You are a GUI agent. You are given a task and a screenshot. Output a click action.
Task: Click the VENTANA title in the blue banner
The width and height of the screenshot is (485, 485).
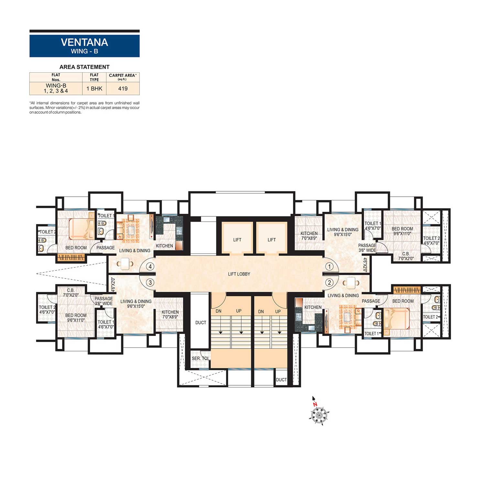click(84, 42)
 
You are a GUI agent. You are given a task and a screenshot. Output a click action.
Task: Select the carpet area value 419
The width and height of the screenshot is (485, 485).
click(123, 89)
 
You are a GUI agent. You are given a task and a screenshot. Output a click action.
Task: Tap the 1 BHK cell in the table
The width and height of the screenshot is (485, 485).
click(94, 89)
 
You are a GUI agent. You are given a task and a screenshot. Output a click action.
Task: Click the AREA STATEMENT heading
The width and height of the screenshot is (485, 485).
click(84, 67)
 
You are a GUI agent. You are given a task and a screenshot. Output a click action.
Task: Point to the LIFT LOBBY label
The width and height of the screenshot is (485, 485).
click(239, 274)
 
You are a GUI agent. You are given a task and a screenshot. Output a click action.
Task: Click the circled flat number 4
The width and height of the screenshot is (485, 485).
click(150, 266)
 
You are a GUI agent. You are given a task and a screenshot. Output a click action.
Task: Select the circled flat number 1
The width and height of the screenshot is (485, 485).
click(329, 266)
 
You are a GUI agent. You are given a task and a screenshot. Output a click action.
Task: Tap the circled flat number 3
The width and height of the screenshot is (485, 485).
click(150, 282)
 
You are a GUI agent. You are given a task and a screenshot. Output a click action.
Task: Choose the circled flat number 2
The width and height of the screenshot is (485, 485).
click(329, 282)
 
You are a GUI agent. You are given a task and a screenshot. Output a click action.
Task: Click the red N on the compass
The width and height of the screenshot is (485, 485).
click(315, 404)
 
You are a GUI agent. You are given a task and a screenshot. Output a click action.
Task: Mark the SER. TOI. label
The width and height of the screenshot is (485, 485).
click(200, 358)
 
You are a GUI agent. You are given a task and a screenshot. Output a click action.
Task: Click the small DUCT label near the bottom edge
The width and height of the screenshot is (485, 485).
click(281, 380)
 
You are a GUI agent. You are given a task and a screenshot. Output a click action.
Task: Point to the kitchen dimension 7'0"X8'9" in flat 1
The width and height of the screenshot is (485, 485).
click(309, 238)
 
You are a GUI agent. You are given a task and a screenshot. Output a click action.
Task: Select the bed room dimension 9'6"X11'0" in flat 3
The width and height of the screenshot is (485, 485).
click(76, 320)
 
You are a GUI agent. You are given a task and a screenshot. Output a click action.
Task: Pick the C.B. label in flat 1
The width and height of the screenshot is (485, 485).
click(406, 254)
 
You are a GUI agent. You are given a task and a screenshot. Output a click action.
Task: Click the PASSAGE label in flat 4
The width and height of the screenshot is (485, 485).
click(105, 248)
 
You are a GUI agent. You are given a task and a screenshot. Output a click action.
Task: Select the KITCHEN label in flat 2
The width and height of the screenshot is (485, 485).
click(313, 307)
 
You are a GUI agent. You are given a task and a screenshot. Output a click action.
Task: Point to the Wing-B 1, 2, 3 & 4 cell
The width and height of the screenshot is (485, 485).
click(56, 88)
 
